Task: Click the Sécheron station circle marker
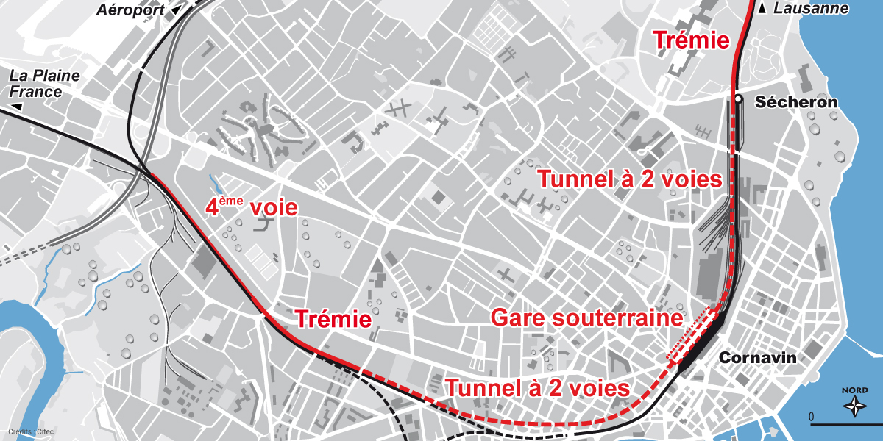(x=737, y=99)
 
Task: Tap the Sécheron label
(x=795, y=102)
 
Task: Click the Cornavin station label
(x=758, y=358)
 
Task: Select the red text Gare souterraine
(x=586, y=319)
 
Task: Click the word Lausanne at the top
(x=812, y=9)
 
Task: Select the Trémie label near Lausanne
(x=692, y=42)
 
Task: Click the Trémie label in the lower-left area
(x=333, y=319)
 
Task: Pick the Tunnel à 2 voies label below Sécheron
(x=630, y=179)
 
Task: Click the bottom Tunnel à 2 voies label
(x=537, y=387)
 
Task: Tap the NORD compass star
(x=855, y=406)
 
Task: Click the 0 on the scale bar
(x=812, y=417)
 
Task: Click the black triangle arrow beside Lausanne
(x=763, y=9)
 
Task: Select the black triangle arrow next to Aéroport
(x=175, y=11)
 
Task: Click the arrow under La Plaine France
(x=16, y=107)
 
